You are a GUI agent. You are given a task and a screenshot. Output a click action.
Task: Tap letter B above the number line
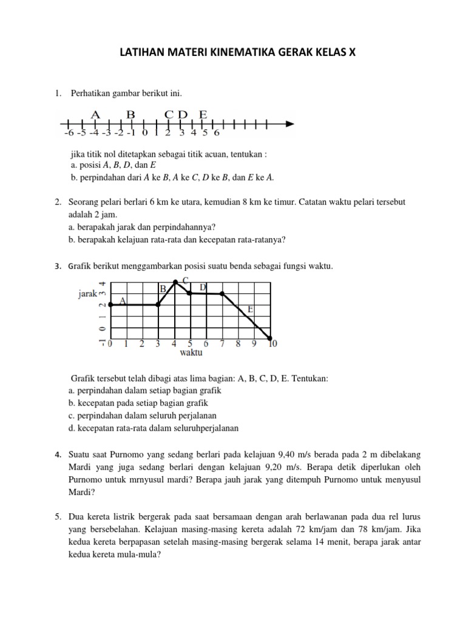pos(130,114)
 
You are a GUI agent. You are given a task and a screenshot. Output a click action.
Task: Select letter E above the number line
pos(203,114)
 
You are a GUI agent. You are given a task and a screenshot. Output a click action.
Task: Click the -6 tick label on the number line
pos(68,133)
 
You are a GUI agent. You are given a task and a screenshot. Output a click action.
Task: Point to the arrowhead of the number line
pos(290,124)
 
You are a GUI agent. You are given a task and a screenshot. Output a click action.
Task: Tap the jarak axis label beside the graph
pos(88,294)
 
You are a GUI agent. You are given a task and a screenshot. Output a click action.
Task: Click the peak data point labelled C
pos(176,282)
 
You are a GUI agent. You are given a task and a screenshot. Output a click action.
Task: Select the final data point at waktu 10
pos(270,338)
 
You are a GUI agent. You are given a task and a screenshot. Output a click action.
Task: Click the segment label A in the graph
pos(123,300)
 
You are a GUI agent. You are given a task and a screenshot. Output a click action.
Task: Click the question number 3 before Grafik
pos(56,265)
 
